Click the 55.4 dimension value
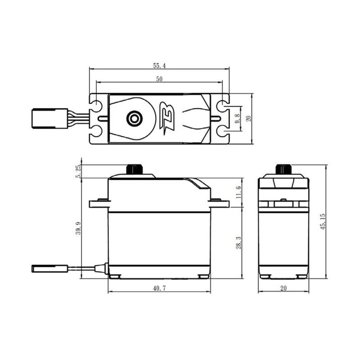click(x=159, y=66)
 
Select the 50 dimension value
click(x=159, y=79)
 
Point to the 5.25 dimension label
click(x=78, y=171)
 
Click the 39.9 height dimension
click(x=78, y=228)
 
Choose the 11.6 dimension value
click(x=238, y=192)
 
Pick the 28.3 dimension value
click(x=238, y=243)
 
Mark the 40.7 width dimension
click(x=159, y=288)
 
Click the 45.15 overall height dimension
click(x=323, y=222)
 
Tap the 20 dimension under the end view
click(x=284, y=288)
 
